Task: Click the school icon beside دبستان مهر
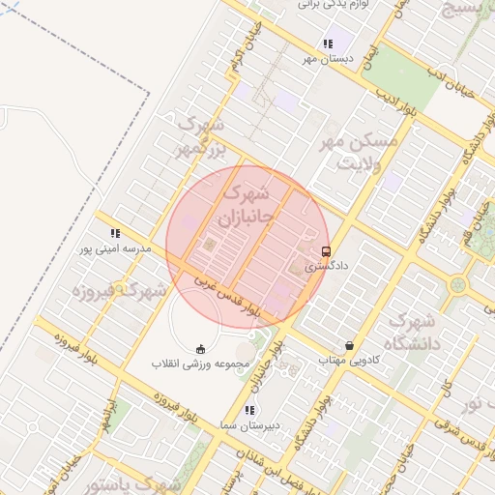pos(329,44)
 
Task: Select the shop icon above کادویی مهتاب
pos(349,345)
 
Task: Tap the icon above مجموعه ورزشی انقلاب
pos(200,349)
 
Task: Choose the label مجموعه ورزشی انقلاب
pos(200,364)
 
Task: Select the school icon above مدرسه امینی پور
pos(115,233)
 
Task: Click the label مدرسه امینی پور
pos(117,248)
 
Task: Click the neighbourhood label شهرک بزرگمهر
pos(199,139)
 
